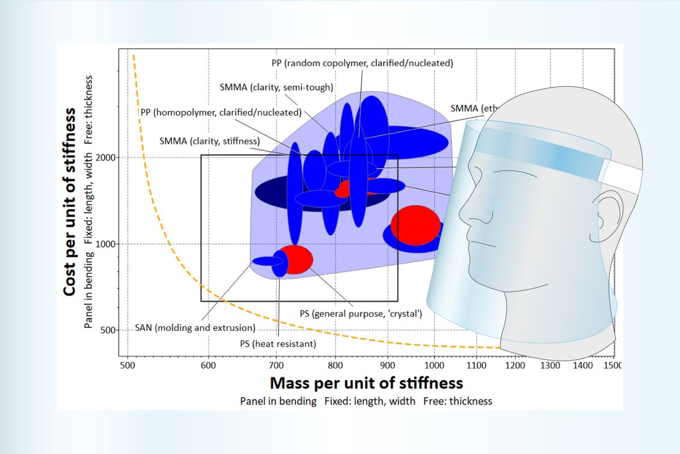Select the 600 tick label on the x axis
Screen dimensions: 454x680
click(x=209, y=366)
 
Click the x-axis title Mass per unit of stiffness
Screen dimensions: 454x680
click(x=366, y=383)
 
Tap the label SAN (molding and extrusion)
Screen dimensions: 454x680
click(x=195, y=328)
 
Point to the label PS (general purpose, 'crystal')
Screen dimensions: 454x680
click(x=360, y=313)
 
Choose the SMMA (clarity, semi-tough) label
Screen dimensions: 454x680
click(x=276, y=87)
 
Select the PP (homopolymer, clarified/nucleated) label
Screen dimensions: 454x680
click(x=220, y=112)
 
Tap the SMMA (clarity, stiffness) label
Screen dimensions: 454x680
click(x=210, y=141)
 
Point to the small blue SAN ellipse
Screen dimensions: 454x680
click(x=266, y=261)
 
